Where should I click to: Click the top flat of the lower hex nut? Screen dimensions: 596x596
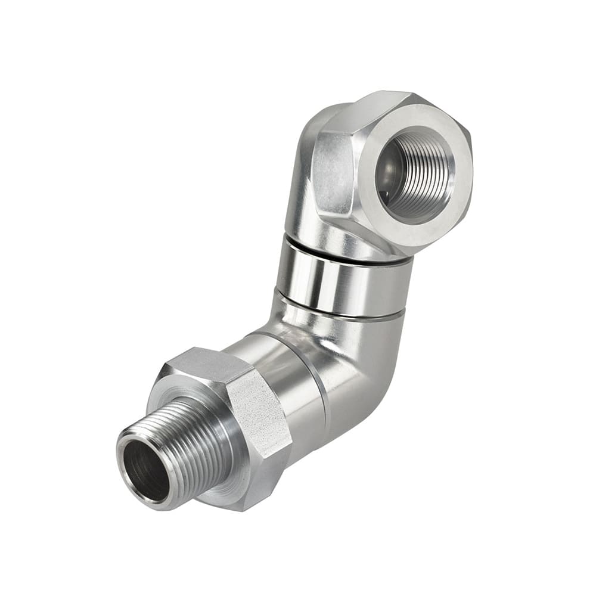point(203,364)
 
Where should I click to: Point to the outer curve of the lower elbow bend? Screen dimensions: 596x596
point(370,381)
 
